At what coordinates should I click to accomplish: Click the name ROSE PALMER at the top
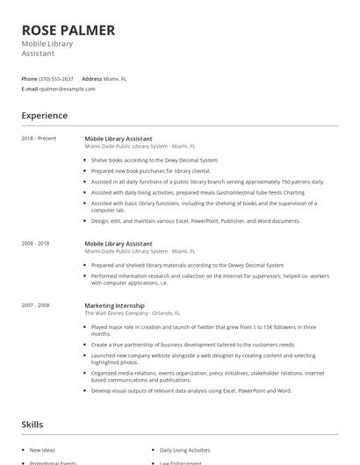click(68, 30)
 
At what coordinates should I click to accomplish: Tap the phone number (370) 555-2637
click(56, 79)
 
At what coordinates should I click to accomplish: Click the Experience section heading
click(45, 115)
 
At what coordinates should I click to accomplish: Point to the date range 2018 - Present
click(39, 139)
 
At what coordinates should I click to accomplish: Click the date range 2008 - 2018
click(37, 243)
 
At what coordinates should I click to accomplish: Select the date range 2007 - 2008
click(37, 305)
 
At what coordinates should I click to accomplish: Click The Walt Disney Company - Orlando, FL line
click(133, 312)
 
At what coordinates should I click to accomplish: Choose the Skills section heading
click(32, 425)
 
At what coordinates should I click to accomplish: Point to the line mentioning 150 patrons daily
click(207, 181)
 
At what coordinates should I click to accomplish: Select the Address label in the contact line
click(92, 79)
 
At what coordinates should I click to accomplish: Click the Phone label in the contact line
click(30, 79)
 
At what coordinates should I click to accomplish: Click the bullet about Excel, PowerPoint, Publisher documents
click(195, 221)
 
